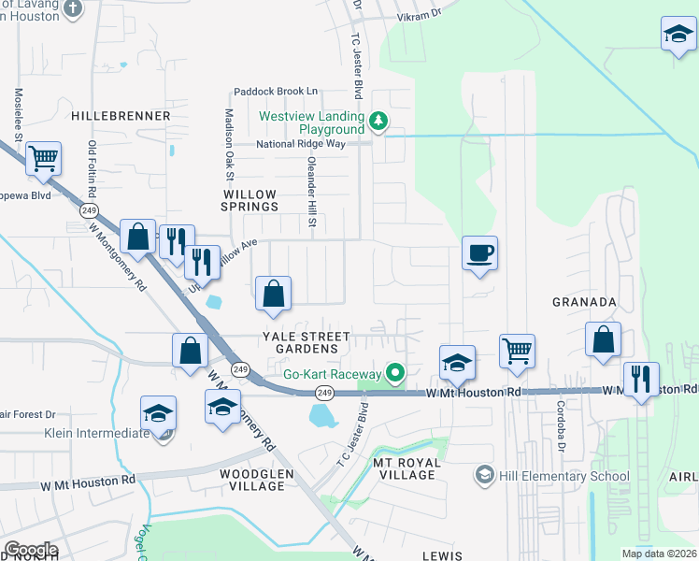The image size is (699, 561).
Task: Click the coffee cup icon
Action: pyautogui.click(x=479, y=252)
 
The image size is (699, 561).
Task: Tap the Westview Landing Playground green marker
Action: pyautogui.click(x=378, y=121)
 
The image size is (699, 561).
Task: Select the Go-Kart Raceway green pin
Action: pyautogui.click(x=395, y=374)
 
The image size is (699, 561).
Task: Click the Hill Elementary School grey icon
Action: pyautogui.click(x=484, y=476)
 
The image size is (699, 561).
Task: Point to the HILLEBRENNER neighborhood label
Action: pyautogui.click(x=120, y=116)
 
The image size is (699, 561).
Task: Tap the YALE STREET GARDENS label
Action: pyautogui.click(x=306, y=342)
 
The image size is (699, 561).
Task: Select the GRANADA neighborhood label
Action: pyautogui.click(x=584, y=302)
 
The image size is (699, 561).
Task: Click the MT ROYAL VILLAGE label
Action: pyautogui.click(x=404, y=468)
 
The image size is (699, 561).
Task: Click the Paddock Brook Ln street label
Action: pyautogui.click(x=276, y=92)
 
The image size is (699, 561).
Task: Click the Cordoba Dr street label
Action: pyautogui.click(x=562, y=415)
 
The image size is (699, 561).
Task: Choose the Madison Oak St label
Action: pyautogui.click(x=228, y=144)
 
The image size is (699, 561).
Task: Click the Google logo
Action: pyautogui.click(x=30, y=550)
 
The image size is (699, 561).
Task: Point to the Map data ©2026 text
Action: pyautogui.click(x=658, y=554)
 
